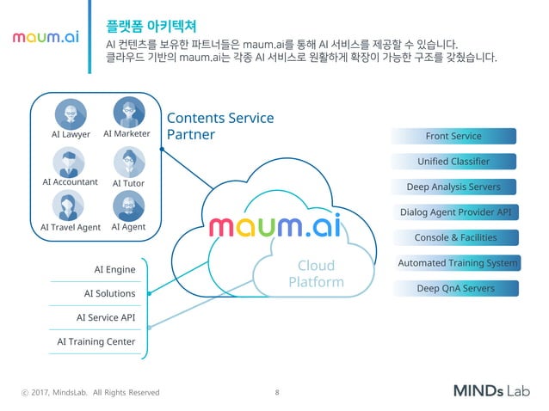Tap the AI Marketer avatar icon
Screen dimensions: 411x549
point(128,112)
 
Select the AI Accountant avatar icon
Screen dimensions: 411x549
point(69,162)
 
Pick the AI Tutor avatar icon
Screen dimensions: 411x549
point(128,162)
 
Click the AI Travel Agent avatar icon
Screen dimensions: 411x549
point(69,206)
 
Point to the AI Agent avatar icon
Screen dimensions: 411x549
point(128,205)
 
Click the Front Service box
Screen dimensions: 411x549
point(453,136)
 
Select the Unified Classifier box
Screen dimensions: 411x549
point(453,161)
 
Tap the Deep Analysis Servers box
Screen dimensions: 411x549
point(453,187)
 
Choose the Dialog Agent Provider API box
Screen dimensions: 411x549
point(455,212)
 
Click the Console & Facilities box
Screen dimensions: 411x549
point(455,237)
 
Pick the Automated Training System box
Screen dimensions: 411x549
point(458,263)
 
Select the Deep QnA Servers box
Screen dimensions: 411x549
point(455,288)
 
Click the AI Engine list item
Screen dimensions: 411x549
point(114,270)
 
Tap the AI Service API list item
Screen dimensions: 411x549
point(104,317)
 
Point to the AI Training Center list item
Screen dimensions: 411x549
point(96,341)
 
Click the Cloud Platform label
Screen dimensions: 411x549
point(316,273)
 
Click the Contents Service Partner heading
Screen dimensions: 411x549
point(219,126)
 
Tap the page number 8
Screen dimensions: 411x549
point(276,392)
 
